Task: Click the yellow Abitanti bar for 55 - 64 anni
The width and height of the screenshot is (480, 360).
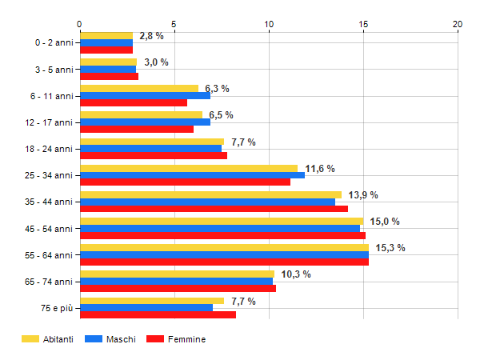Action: click(x=224, y=247)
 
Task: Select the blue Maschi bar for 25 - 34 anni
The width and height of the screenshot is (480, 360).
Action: click(x=192, y=175)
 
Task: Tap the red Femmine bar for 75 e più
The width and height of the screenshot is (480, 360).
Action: click(x=158, y=315)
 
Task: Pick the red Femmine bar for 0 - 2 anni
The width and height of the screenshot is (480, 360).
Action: click(x=106, y=50)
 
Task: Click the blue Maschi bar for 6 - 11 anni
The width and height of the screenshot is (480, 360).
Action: click(x=145, y=95)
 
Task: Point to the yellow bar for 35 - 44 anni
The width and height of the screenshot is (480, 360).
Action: click(x=210, y=194)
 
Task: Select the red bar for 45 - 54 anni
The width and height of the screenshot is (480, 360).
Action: click(x=222, y=235)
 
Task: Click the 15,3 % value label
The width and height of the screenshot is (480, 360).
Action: click(x=390, y=248)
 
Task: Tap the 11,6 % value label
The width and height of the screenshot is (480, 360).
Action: click(x=320, y=169)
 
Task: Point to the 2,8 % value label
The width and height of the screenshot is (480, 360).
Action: click(x=151, y=36)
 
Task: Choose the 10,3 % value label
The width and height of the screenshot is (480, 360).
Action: click(x=296, y=274)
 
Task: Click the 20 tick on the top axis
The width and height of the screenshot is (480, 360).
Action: click(x=458, y=24)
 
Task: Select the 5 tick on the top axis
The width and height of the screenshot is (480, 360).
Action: click(x=174, y=24)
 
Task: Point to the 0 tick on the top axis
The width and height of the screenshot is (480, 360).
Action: click(x=80, y=24)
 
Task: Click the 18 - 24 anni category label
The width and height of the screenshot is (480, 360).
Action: click(x=50, y=149)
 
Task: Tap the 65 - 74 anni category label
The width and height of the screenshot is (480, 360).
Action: click(x=50, y=282)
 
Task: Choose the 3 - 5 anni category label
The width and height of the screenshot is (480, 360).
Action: click(x=53, y=70)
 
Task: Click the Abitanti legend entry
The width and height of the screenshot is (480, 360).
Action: click(x=48, y=339)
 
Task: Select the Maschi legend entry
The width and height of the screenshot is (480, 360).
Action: click(x=112, y=339)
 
